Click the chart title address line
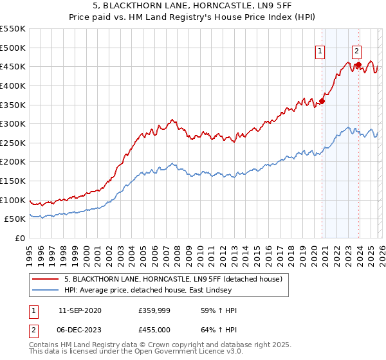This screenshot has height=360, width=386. point(193,5)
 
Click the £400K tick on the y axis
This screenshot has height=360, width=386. point(13,85)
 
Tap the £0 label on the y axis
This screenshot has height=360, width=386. point(19,238)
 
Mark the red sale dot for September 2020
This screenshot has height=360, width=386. point(322,101)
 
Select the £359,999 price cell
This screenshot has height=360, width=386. point(153,310)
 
